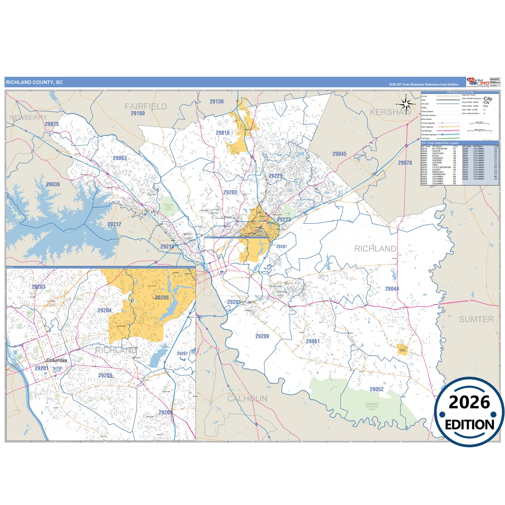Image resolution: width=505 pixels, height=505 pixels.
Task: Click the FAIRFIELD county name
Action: [x=146, y=107]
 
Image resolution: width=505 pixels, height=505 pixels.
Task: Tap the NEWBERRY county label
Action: [x=28, y=118]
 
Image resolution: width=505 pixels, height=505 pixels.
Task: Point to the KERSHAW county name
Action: [x=391, y=112]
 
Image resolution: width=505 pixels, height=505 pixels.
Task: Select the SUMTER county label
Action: [x=476, y=319]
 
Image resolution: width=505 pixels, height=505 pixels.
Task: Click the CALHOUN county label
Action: [x=247, y=398]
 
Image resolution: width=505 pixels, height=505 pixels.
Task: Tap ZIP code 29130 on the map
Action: [x=216, y=102]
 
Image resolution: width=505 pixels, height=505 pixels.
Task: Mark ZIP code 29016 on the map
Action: [x=223, y=133]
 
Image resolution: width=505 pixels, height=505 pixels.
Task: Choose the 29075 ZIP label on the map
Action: [x=52, y=124]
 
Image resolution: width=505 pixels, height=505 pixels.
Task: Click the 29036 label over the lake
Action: [x=53, y=184]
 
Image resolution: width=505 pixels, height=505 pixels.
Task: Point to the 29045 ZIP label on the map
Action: [x=339, y=154]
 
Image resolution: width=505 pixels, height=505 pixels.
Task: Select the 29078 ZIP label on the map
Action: [x=405, y=163]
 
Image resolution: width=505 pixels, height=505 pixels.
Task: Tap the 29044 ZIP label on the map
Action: [x=392, y=289]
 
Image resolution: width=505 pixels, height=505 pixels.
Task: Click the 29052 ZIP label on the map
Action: [x=376, y=389]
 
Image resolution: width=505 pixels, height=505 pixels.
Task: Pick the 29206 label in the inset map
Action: [x=162, y=298]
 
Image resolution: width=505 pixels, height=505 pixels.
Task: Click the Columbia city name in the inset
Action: [x=56, y=360]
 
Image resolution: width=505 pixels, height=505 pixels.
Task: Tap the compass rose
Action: [x=405, y=104]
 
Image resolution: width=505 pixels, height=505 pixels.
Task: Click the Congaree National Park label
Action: [x=372, y=406]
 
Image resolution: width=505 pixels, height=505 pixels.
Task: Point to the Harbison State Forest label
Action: [x=168, y=207]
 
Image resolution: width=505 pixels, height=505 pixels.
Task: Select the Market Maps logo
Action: [x=477, y=82]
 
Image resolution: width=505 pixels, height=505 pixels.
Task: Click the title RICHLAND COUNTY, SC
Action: [x=34, y=82]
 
